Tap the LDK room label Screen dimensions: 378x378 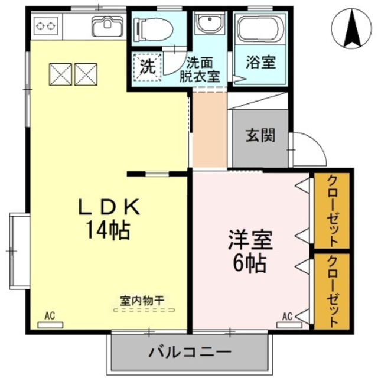point(110,208)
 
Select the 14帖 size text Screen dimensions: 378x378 point(109,230)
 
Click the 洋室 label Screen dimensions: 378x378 point(250,240)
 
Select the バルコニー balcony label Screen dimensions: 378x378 point(190,353)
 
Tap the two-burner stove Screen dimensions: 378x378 point(47,26)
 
